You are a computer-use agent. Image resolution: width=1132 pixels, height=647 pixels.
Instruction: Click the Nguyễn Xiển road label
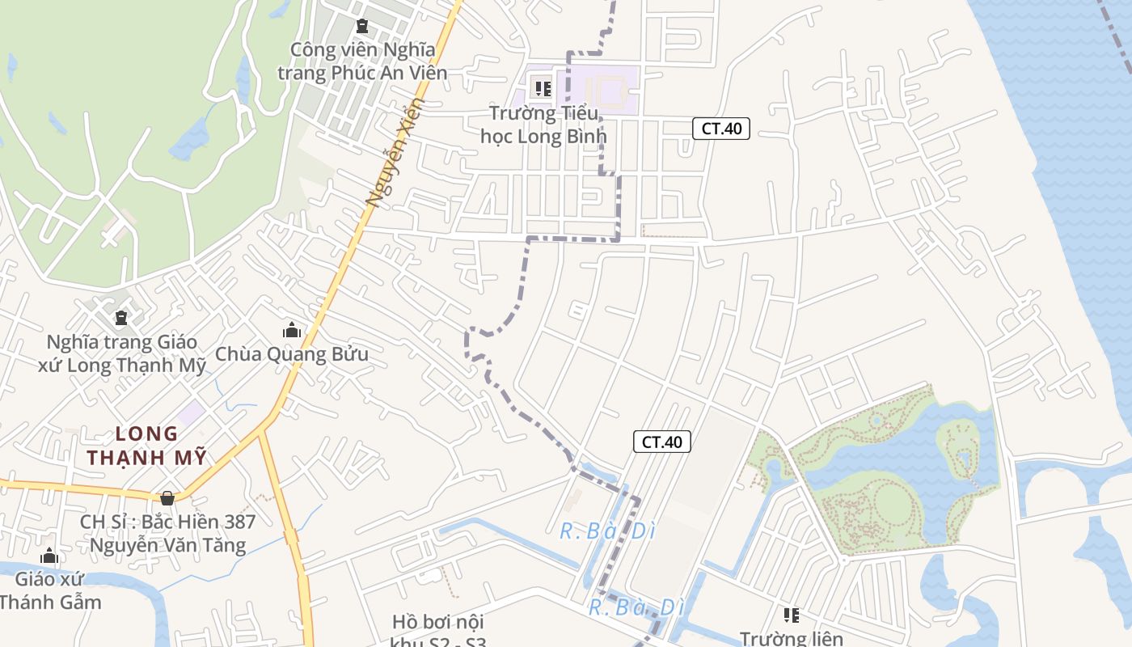395,153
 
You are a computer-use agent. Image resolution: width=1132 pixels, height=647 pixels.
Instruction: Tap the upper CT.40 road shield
721,128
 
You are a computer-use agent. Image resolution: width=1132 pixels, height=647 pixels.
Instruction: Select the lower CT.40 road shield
661,442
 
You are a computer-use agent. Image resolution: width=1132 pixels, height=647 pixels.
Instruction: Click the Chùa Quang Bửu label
291,354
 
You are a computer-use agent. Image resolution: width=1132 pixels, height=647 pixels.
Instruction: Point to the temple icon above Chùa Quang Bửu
291,330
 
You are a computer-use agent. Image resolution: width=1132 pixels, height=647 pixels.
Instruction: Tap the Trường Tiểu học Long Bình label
543,125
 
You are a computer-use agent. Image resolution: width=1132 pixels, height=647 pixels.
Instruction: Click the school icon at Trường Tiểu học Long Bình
543,87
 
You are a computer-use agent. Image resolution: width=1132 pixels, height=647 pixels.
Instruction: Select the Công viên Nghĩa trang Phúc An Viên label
362,61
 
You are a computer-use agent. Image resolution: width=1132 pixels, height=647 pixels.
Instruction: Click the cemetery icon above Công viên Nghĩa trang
361,26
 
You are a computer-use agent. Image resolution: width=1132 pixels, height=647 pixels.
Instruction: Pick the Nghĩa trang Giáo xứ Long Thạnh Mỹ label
121,353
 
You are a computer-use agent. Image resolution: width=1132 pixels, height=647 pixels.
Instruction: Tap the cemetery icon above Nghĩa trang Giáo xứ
121,318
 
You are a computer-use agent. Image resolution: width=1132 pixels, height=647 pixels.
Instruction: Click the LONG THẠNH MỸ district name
146,446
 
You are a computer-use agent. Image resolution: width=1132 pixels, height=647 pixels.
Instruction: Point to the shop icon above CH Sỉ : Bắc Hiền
167,498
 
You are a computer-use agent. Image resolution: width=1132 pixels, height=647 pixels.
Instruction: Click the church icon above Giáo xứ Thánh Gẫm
49,556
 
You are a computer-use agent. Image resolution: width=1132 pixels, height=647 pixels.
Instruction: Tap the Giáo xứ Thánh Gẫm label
50,590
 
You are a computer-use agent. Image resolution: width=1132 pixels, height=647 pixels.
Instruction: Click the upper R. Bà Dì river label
607,531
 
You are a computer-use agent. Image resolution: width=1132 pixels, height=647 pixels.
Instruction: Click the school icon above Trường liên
792,615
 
